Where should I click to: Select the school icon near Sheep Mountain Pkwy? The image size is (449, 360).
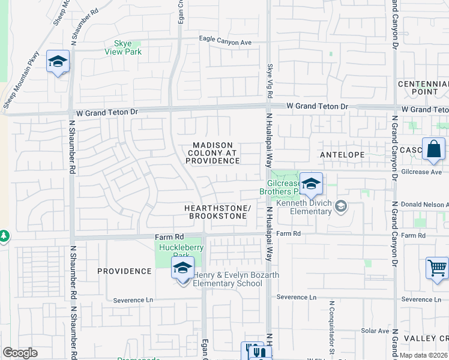point(58,62)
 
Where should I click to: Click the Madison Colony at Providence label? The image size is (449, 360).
point(215,153)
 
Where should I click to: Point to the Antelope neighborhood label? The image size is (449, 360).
point(342,155)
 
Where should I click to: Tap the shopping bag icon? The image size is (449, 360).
point(433,149)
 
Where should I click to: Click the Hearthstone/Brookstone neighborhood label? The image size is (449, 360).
point(216,211)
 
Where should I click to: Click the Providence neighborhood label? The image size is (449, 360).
point(125,271)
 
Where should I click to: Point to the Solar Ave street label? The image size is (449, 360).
point(376,331)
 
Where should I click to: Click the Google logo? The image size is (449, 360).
point(20,353)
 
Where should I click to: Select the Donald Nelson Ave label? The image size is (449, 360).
point(424,205)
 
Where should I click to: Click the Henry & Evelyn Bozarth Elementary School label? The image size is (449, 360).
point(228,279)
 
